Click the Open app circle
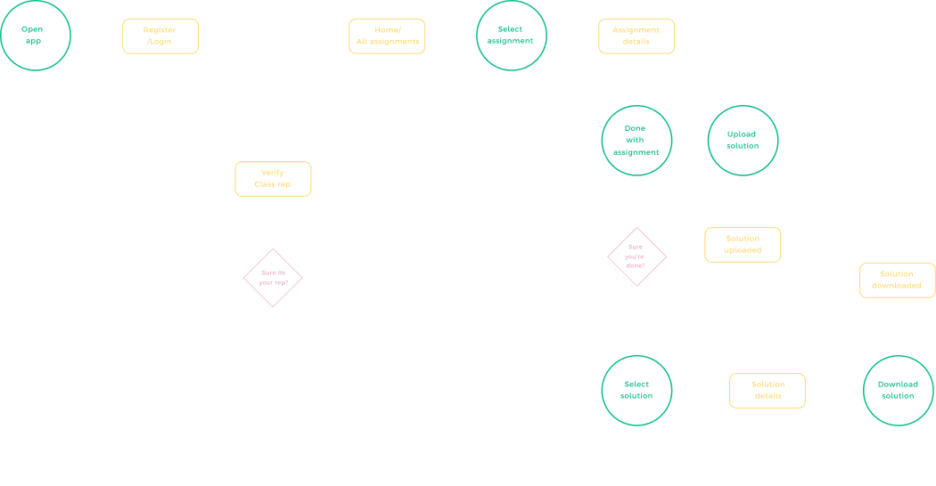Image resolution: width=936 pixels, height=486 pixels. (x=35, y=36)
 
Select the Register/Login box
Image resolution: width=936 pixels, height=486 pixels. (x=160, y=36)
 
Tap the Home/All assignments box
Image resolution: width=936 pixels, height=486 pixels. (x=387, y=36)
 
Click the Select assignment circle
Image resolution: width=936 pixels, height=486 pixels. (x=511, y=36)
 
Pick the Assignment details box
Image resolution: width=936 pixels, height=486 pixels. (x=636, y=36)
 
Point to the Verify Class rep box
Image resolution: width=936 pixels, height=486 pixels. (x=273, y=179)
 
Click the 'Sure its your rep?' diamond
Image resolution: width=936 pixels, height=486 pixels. (x=273, y=278)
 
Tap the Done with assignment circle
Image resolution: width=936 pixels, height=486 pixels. (x=636, y=141)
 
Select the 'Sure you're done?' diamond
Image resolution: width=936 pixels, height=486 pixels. (x=636, y=256)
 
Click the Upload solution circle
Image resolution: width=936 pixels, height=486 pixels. (x=743, y=141)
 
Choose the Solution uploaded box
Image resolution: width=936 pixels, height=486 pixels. (x=743, y=245)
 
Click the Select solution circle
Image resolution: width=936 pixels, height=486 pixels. (x=636, y=390)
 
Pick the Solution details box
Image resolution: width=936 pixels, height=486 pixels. (x=768, y=390)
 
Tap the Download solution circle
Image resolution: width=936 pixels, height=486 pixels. (x=898, y=390)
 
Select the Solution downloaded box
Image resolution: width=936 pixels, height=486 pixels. (x=898, y=279)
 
